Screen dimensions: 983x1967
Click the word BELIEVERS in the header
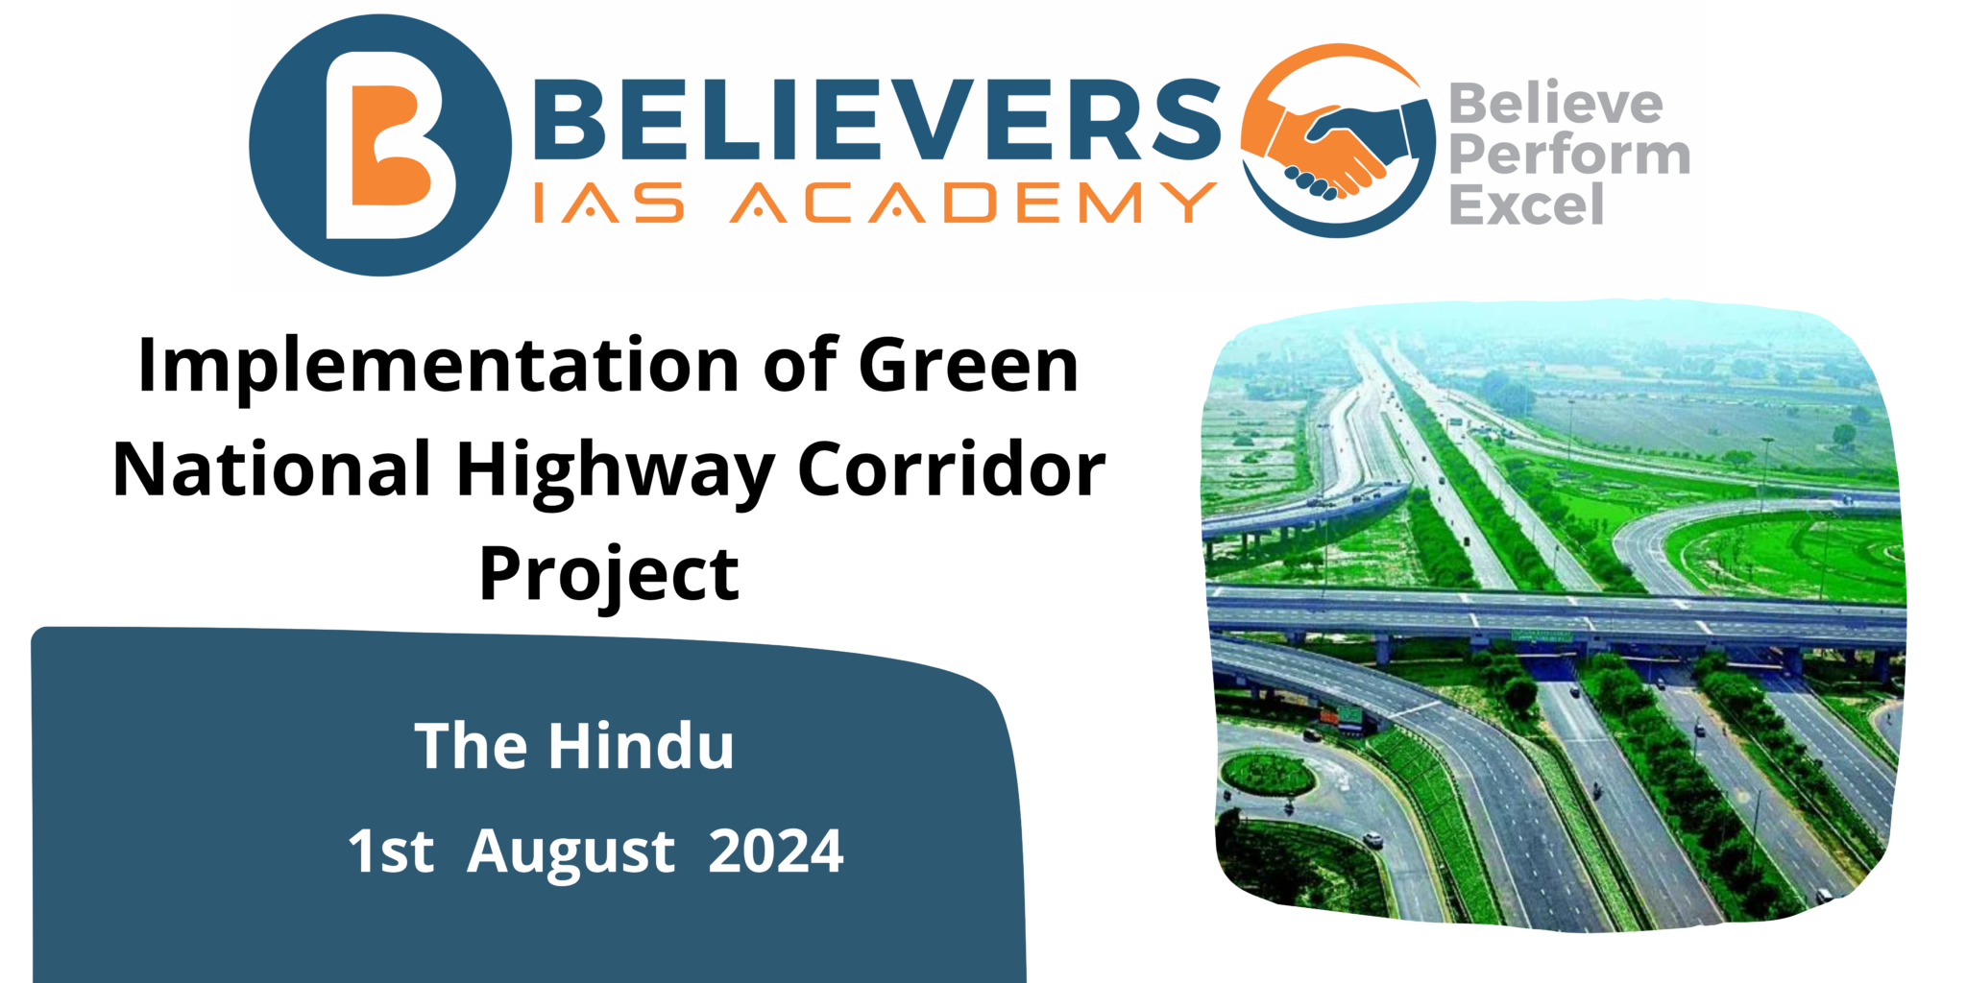[x=874, y=120]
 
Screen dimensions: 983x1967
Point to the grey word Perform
[x=1568, y=155]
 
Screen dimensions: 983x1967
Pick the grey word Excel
[x=1526, y=205]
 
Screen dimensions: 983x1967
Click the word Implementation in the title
[x=437, y=366]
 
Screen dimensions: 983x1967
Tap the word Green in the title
[x=968, y=366]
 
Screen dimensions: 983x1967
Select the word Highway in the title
[x=615, y=470]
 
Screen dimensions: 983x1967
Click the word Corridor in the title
[x=951, y=470]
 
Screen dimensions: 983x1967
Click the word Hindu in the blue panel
[x=641, y=746]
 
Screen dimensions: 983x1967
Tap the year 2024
[x=775, y=851]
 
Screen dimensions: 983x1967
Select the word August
[x=571, y=851]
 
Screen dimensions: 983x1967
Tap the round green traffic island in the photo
[x=1267, y=774]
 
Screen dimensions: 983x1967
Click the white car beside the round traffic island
[x=1373, y=840]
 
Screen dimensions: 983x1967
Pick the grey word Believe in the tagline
[x=1555, y=104]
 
